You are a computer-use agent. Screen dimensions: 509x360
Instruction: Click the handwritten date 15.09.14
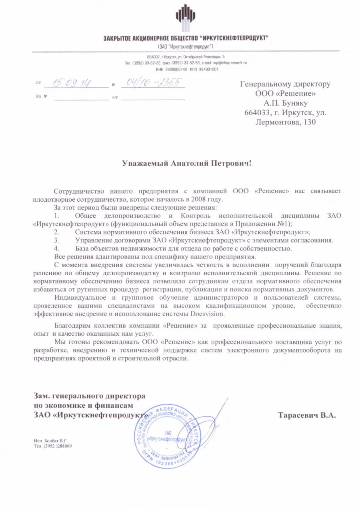pos(70,83)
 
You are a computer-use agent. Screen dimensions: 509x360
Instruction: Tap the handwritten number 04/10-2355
pos(152,82)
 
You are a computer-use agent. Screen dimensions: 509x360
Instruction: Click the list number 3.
pos(56,240)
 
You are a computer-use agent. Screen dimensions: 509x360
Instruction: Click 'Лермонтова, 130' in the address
pos(285,122)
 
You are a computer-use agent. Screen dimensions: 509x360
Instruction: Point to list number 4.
pos(56,248)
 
